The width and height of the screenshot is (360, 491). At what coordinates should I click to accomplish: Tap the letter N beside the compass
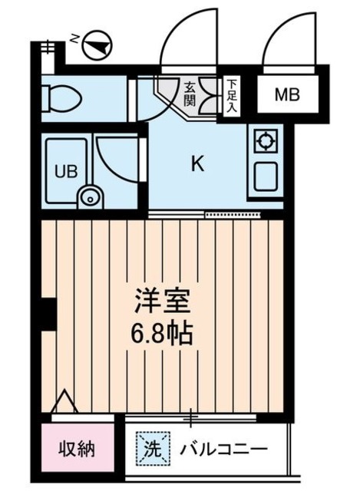click(74, 38)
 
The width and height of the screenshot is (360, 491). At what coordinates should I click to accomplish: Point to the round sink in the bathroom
click(91, 196)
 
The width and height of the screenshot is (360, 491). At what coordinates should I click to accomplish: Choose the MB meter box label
click(287, 96)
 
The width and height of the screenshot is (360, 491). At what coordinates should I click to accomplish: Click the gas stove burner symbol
click(265, 141)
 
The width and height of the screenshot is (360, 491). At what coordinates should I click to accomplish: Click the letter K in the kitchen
click(197, 163)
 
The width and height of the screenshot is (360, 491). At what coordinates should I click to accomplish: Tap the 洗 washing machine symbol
click(150, 447)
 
